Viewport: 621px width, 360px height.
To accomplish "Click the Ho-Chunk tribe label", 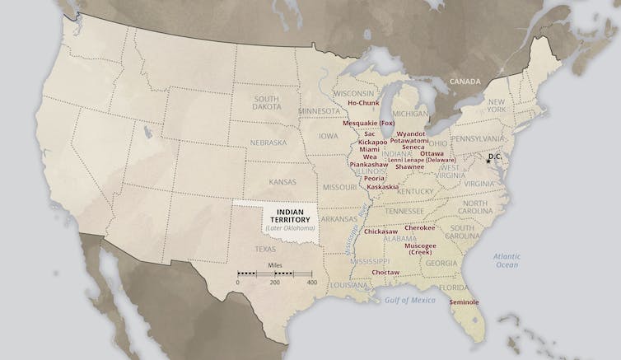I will pyautogui.click(x=362, y=103).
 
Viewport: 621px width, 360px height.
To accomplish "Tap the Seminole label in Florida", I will pyautogui.click(x=464, y=302).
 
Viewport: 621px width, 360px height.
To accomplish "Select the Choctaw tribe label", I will pyautogui.click(x=385, y=272).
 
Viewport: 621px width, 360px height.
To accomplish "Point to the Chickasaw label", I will pyautogui.click(x=381, y=231).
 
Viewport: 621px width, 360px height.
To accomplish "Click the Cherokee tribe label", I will pyautogui.click(x=420, y=227).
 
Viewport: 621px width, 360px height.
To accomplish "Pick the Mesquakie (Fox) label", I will pyautogui.click(x=368, y=123).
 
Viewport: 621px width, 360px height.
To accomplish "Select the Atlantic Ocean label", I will pyautogui.click(x=507, y=260).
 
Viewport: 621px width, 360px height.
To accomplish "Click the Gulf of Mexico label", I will pyautogui.click(x=409, y=300).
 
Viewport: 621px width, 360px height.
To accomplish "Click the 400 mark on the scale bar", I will pyautogui.click(x=312, y=283).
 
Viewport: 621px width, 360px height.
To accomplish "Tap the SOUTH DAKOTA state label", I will pyautogui.click(x=266, y=104).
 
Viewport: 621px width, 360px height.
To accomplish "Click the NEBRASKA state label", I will pyautogui.click(x=267, y=143).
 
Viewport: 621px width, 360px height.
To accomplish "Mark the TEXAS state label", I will pyautogui.click(x=265, y=248).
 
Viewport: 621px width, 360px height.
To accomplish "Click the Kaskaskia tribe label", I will pyautogui.click(x=382, y=187).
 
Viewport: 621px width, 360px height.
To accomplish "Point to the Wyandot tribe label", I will pyautogui.click(x=410, y=133).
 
